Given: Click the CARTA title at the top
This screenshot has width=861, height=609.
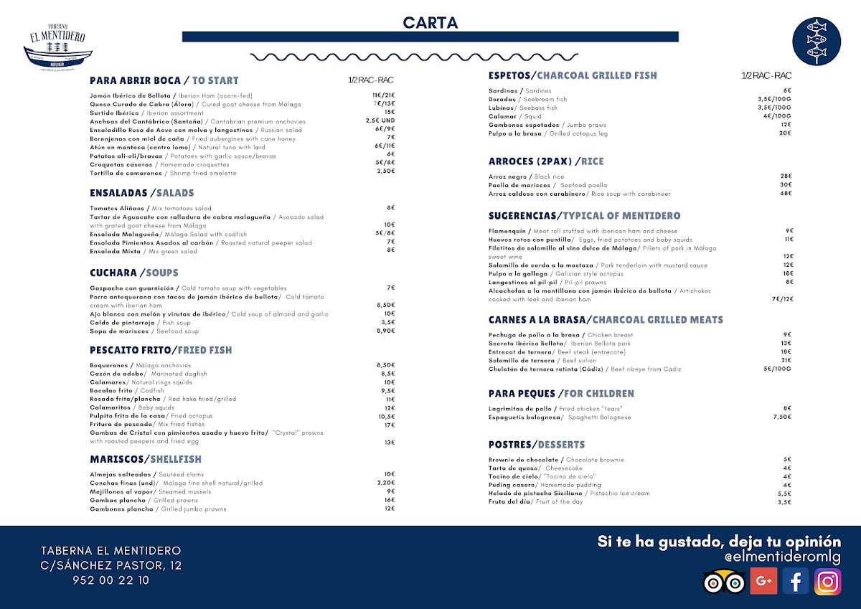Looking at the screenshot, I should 430,23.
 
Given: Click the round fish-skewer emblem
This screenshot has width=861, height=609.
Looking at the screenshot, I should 817,42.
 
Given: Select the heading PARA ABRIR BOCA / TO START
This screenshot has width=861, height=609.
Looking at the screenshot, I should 164,80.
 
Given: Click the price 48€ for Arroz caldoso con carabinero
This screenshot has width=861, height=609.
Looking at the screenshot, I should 786,194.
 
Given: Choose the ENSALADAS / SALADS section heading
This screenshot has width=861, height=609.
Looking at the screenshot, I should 141,193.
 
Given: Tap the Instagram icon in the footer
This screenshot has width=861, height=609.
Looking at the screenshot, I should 827,581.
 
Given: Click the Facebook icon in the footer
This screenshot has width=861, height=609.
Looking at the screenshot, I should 795,581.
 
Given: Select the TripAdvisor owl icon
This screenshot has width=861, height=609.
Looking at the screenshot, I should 724,582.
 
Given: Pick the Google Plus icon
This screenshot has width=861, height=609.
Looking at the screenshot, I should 763,581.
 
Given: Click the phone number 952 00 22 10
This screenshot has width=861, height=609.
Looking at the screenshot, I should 111,581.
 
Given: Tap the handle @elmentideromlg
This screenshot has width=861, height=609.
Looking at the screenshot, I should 782,557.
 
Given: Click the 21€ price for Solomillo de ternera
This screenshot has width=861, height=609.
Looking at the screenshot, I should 786,361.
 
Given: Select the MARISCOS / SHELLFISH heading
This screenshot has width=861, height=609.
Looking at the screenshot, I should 146,459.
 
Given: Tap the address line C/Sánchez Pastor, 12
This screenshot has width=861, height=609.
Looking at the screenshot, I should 111,566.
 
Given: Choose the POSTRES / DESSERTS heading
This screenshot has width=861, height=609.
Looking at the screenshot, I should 537,445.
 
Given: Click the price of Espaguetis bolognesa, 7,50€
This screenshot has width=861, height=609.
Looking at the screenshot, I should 782,417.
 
